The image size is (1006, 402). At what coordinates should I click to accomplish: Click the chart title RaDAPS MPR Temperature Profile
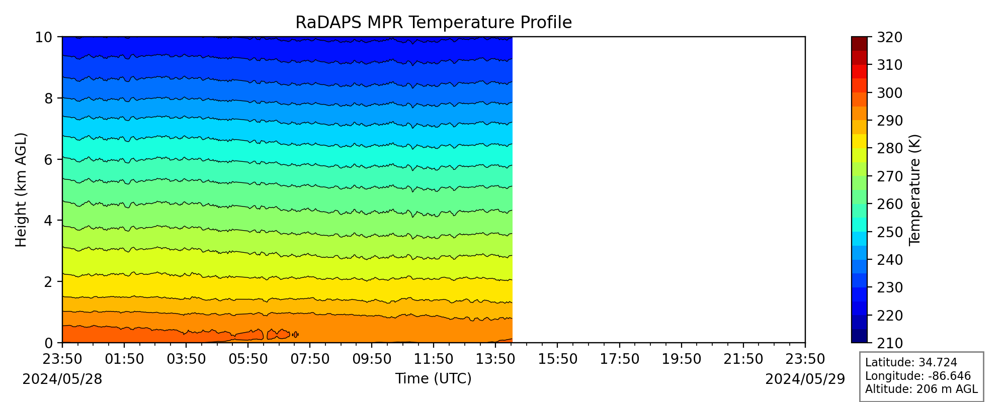(x=434, y=23)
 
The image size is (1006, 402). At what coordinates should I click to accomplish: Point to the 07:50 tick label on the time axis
(x=310, y=359)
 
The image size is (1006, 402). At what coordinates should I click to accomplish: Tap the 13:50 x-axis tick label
(x=495, y=359)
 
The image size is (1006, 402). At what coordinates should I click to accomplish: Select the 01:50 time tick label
(x=124, y=359)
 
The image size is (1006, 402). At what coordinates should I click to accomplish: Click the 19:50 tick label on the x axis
(x=682, y=359)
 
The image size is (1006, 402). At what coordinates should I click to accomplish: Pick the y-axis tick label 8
(x=48, y=98)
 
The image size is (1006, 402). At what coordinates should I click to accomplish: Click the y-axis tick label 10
(x=44, y=37)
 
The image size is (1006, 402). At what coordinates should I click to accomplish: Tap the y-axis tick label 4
(x=48, y=221)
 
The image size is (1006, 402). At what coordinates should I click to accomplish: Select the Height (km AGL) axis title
(x=21, y=190)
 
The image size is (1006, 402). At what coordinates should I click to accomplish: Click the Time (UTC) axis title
(x=434, y=378)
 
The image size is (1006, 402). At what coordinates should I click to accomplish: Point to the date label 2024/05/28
(x=62, y=379)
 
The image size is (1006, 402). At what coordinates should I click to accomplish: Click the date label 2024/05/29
(x=805, y=379)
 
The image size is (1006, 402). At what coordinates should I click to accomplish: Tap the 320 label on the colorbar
(x=890, y=37)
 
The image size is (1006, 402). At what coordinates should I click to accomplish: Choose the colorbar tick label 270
(x=890, y=176)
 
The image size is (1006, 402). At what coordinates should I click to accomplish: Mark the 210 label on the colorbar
(x=890, y=343)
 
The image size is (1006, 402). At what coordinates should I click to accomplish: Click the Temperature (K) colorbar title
(x=914, y=190)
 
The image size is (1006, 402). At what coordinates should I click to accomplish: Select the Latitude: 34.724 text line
(x=911, y=363)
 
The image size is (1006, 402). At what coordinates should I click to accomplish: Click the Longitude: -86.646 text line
(x=918, y=376)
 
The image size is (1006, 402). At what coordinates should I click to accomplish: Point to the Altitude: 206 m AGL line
(x=921, y=389)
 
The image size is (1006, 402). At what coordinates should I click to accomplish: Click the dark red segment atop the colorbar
(x=859, y=44)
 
